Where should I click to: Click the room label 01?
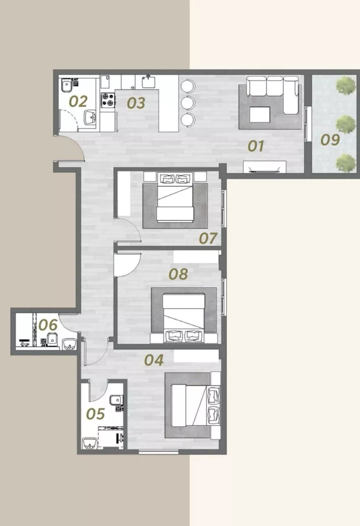click(x=256, y=146)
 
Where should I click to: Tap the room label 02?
click(x=78, y=101)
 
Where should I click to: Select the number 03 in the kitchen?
click(x=136, y=103)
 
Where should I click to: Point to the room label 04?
click(x=154, y=360)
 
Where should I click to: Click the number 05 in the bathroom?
click(x=96, y=414)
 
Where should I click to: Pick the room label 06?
click(x=48, y=325)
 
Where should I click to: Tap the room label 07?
click(x=208, y=238)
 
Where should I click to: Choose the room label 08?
click(x=178, y=274)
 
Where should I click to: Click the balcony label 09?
click(x=330, y=140)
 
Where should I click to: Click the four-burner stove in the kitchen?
click(x=108, y=100)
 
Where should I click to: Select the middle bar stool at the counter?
click(x=188, y=103)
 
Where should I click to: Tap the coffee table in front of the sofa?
click(x=260, y=114)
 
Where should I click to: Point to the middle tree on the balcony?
click(x=346, y=124)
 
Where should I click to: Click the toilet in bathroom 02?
click(x=67, y=85)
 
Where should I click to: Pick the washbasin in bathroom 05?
click(x=90, y=443)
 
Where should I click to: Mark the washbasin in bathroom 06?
click(x=70, y=344)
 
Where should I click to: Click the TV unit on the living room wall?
click(x=264, y=167)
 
